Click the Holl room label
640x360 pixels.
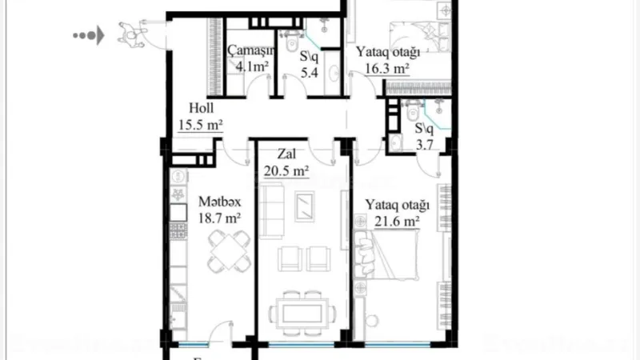[201, 109]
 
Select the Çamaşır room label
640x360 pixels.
[250, 50]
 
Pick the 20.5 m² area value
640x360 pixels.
[286, 170]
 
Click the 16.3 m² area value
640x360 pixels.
[388, 70]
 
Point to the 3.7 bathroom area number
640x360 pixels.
[423, 145]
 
